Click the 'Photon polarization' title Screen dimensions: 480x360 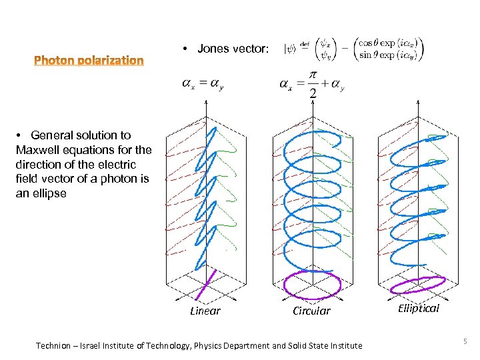point(89,61)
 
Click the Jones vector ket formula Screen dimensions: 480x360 point(353,48)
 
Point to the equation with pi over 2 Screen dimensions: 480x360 point(311,84)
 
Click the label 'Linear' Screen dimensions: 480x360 point(205,311)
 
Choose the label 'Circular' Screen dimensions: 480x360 point(311,311)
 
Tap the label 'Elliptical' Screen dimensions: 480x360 point(419,308)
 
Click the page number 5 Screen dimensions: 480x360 point(464,342)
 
